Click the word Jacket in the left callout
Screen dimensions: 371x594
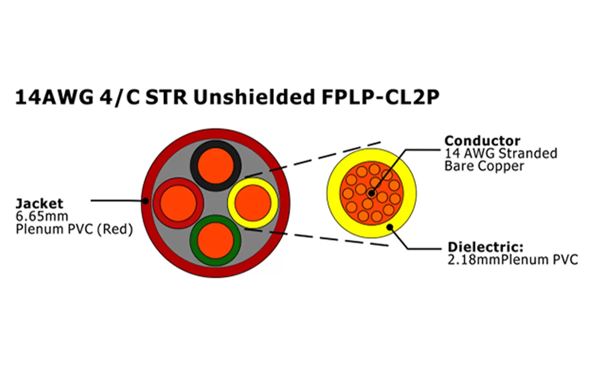coord(39,203)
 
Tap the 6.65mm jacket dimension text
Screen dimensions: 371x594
coord(42,216)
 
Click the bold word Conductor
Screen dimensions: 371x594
coord(482,141)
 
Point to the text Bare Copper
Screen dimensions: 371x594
coord(484,166)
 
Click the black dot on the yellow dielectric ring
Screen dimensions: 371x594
coord(390,227)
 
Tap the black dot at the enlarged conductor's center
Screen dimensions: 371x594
coord(371,192)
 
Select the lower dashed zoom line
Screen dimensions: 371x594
coord(316,237)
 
